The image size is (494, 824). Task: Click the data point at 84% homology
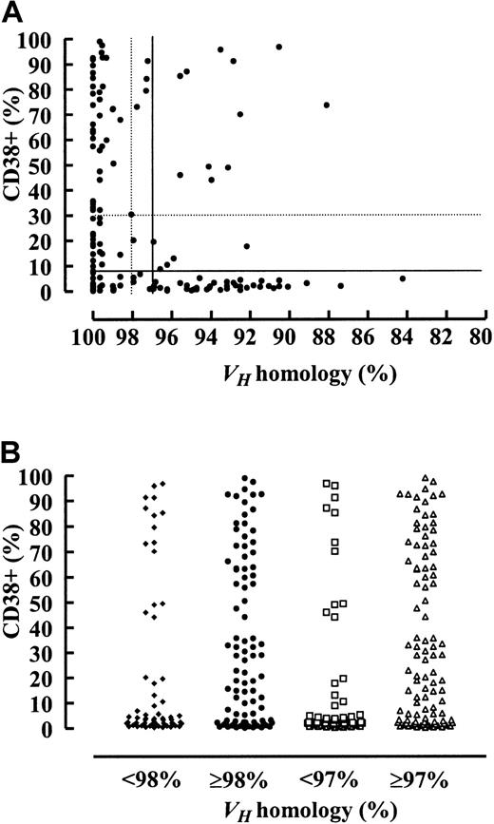(x=403, y=278)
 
